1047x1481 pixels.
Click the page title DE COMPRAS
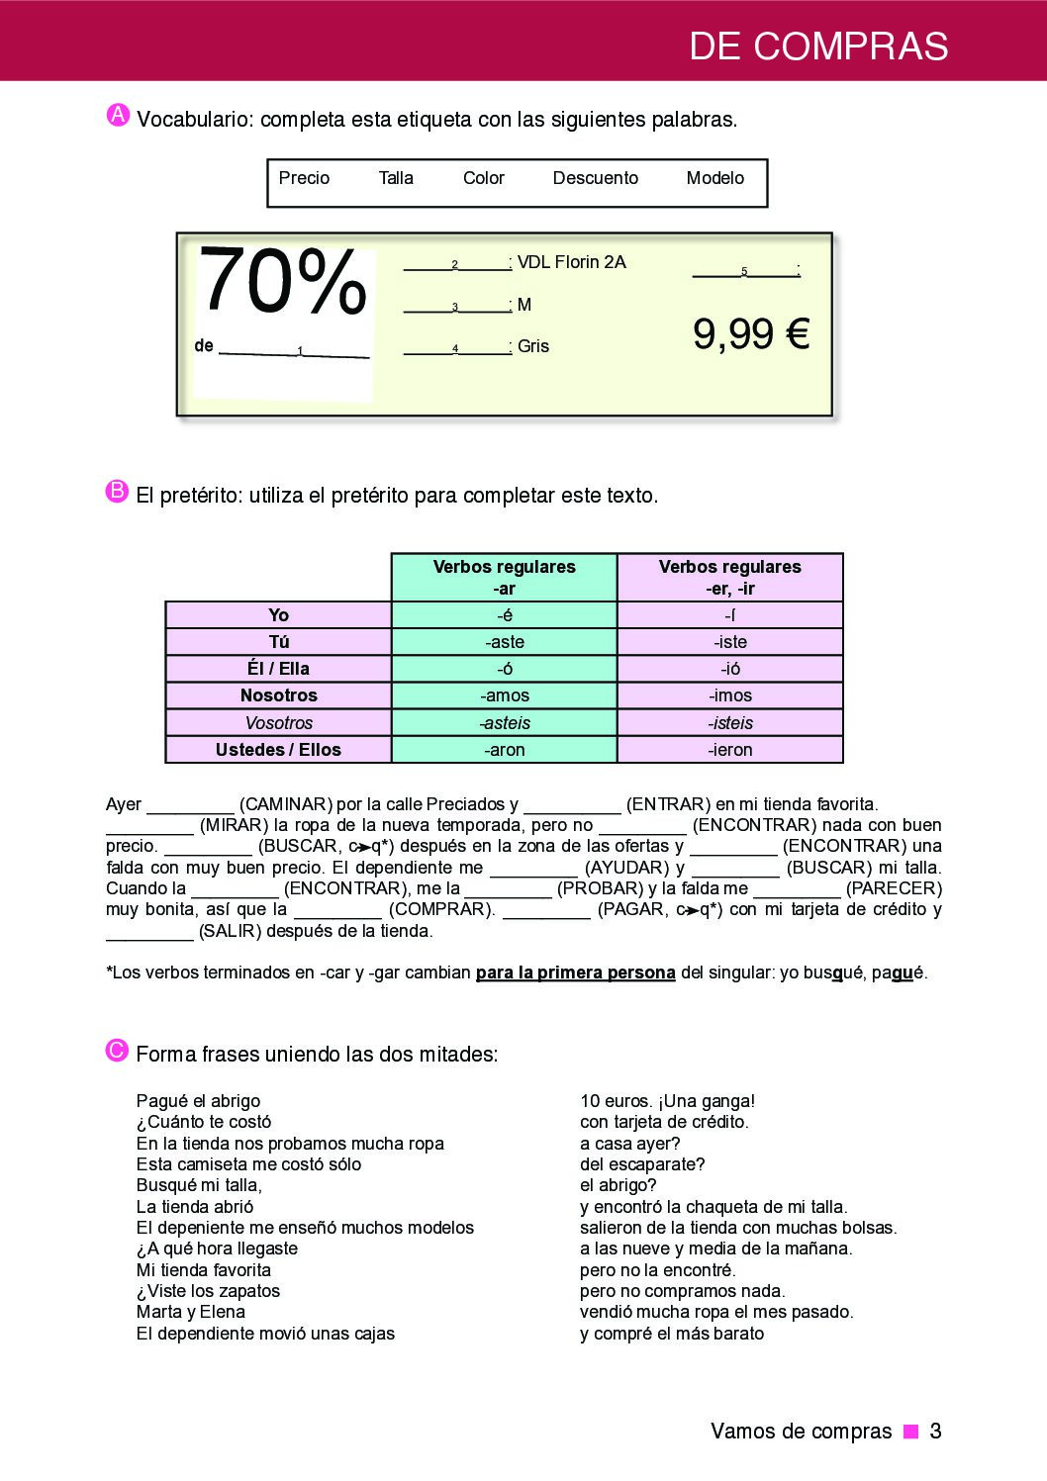click(818, 46)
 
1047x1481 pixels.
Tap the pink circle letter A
click(118, 116)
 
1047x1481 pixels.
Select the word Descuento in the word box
click(595, 178)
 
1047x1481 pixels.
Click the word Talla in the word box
click(396, 178)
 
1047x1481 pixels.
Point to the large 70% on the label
click(283, 282)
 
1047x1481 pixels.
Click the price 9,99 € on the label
click(751, 334)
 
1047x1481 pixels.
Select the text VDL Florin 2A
click(572, 262)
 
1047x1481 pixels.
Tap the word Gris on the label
click(533, 346)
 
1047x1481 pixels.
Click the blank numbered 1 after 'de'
click(294, 349)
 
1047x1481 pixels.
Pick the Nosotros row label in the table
click(278, 695)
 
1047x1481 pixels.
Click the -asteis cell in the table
click(505, 723)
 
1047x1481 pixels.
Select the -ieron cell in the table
click(730, 750)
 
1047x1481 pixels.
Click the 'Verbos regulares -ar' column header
click(505, 578)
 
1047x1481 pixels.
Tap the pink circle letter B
click(117, 492)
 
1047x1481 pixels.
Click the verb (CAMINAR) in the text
click(285, 804)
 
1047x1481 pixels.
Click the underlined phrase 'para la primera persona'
click(575, 972)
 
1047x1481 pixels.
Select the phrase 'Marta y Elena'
click(191, 1312)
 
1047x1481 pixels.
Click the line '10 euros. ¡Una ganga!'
click(667, 1101)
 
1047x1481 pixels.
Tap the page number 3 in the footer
click(935, 1432)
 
